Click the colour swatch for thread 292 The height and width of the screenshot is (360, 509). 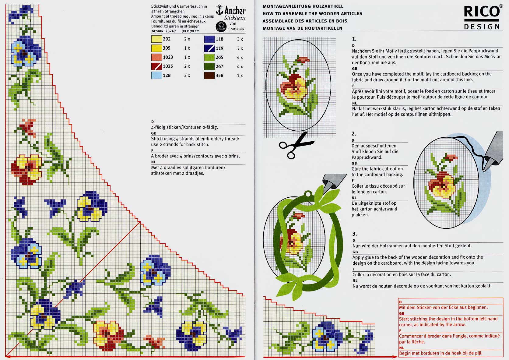(x=156, y=39)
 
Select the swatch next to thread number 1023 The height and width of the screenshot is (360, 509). (x=156, y=57)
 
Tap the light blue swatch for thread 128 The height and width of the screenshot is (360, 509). (x=156, y=75)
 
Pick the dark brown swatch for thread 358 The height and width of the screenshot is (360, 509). (x=209, y=76)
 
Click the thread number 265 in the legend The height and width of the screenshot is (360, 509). (x=219, y=57)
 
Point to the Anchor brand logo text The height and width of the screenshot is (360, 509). (x=235, y=10)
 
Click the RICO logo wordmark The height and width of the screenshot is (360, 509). (x=482, y=11)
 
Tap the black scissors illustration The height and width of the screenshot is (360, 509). (x=297, y=146)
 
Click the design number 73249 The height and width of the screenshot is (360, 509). (x=170, y=31)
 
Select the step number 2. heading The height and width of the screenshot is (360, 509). (x=354, y=134)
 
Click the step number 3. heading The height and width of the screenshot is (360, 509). (x=354, y=234)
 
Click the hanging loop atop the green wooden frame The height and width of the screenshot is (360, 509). (x=308, y=194)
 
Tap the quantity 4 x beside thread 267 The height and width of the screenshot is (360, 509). (x=240, y=67)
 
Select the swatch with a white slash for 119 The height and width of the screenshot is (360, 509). (x=209, y=48)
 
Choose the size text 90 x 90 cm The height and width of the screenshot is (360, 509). (x=191, y=31)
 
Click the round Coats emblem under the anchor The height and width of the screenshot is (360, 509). (x=221, y=26)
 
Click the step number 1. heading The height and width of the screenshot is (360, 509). (x=354, y=39)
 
